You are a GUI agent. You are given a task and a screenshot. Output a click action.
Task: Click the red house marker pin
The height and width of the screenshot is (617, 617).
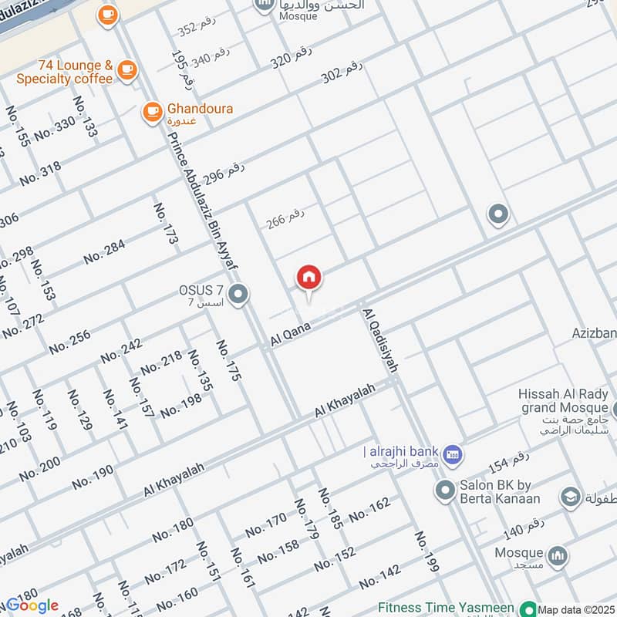(309, 278)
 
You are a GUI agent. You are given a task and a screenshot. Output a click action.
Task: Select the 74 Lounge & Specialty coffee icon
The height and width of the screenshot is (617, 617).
(126, 70)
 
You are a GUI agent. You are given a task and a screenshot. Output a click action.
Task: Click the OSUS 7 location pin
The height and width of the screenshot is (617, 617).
(239, 294)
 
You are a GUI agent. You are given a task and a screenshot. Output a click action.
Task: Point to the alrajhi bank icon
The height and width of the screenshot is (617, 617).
(453, 453)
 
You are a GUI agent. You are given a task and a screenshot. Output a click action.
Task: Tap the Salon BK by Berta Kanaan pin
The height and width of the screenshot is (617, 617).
(444, 489)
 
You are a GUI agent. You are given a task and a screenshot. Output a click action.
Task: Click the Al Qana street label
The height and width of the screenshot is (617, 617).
(290, 334)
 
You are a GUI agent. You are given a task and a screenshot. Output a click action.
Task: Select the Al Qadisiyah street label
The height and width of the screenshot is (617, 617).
(379, 340)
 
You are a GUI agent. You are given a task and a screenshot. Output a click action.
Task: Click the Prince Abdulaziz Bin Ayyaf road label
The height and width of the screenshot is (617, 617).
(202, 202)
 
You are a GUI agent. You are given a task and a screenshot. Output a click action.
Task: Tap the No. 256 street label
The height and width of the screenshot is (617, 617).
(69, 342)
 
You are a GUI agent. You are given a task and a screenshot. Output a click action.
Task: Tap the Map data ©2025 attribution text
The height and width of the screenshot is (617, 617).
(577, 610)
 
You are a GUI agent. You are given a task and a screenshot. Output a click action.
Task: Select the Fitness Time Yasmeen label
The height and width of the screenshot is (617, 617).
(447, 608)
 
